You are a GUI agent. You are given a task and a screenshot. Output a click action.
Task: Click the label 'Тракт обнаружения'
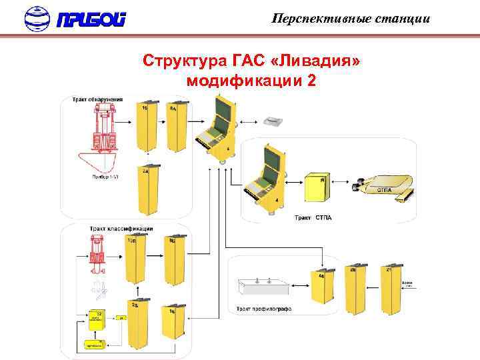point(97,99)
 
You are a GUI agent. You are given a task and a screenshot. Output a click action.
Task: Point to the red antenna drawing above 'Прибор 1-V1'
point(102,130)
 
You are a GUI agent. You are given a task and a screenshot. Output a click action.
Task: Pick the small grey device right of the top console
point(273,121)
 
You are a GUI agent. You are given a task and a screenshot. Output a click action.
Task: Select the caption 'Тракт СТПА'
point(313,218)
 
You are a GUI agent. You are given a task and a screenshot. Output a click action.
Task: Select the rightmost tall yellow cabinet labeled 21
point(390,290)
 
